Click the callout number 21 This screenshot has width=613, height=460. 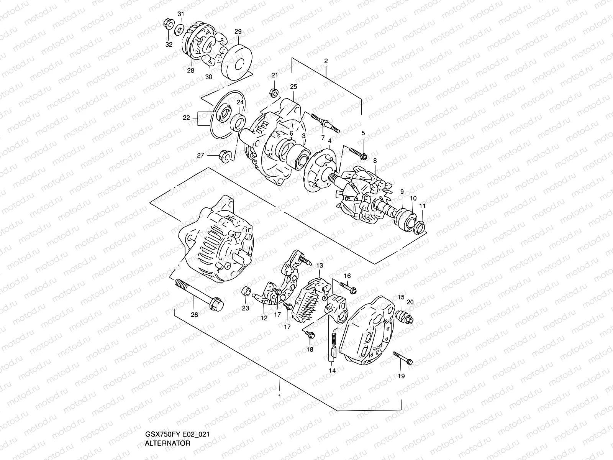[275, 75]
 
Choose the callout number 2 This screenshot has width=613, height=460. [326, 61]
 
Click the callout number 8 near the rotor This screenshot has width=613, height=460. [375, 161]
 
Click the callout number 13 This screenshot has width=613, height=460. [320, 265]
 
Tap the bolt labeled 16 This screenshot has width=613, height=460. [348, 288]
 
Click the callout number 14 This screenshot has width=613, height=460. [332, 371]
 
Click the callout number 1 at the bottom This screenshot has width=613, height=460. [280, 396]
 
